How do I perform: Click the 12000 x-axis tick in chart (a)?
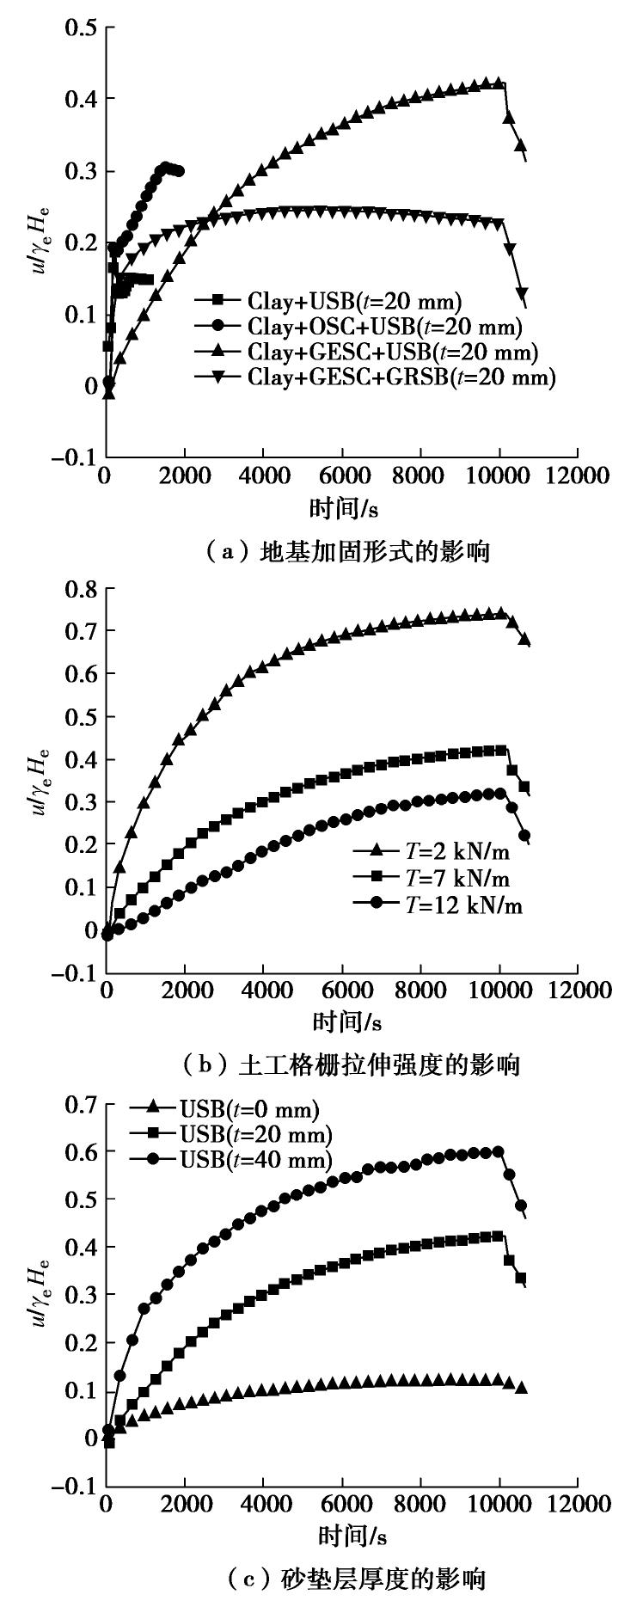click(577, 476)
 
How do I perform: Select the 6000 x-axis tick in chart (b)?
click(342, 991)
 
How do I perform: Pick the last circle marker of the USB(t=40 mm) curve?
click(521, 1206)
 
